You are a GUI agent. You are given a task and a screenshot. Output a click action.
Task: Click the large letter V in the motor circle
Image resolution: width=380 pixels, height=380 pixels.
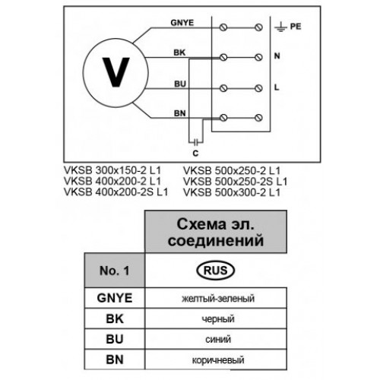(x=116, y=72)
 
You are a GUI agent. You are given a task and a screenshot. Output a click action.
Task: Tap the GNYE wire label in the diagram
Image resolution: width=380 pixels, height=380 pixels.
(x=182, y=23)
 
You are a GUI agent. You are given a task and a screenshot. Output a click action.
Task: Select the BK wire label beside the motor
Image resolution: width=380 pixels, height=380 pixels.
(x=179, y=52)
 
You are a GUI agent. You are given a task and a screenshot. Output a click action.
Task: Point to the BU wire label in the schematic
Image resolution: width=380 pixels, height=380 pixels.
(x=180, y=84)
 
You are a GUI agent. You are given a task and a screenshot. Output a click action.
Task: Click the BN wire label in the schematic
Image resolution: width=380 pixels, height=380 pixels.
(x=180, y=113)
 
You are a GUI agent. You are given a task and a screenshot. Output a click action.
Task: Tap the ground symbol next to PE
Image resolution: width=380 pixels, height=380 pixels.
(x=280, y=27)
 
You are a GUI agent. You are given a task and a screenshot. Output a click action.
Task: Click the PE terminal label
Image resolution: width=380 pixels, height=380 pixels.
(x=296, y=27)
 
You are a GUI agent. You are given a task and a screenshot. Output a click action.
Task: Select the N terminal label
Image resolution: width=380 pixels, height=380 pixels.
(x=277, y=55)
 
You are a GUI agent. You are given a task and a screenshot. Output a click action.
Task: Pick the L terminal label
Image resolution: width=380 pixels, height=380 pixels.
(x=277, y=87)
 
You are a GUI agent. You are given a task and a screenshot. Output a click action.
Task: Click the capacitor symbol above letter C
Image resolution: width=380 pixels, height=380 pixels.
(x=195, y=143)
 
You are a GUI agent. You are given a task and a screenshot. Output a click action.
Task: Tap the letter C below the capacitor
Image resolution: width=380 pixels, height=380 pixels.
(x=195, y=154)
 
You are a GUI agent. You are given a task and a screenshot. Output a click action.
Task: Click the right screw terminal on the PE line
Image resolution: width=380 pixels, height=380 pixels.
(x=258, y=27)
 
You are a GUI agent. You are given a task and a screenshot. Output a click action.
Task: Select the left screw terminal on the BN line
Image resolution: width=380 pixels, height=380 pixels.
(x=223, y=118)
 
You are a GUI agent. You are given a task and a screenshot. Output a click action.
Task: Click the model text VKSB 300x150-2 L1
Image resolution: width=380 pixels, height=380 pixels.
(x=112, y=170)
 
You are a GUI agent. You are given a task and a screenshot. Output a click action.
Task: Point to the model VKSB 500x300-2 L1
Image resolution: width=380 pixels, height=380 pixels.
(x=232, y=192)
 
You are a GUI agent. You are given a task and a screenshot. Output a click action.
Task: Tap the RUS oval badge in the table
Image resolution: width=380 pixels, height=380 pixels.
(x=216, y=271)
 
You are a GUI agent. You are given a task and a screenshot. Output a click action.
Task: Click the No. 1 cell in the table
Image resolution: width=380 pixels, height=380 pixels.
(x=115, y=271)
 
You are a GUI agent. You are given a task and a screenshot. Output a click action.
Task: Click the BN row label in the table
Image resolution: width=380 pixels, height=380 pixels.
(x=115, y=359)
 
